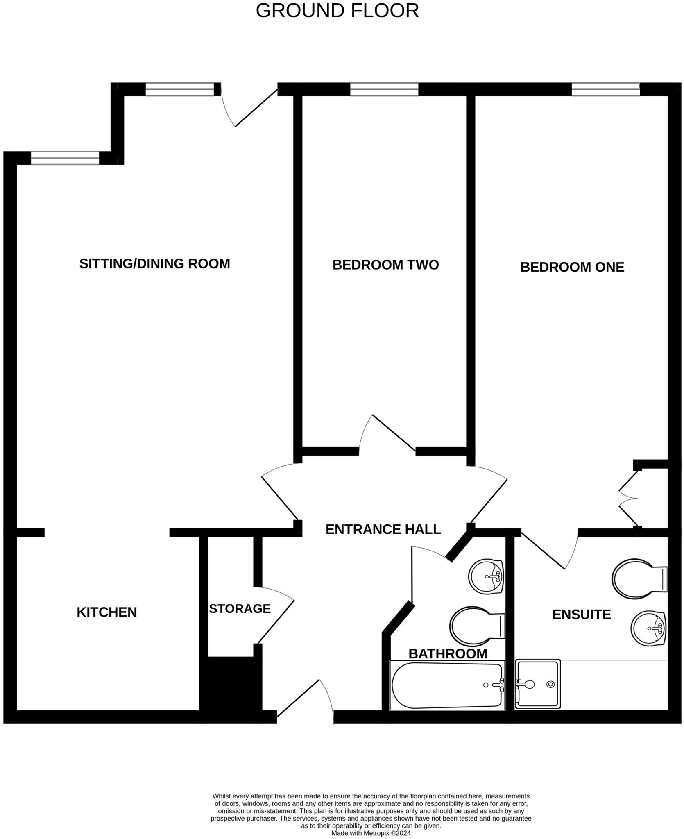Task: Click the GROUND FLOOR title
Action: (x=337, y=11)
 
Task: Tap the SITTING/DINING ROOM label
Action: (x=154, y=263)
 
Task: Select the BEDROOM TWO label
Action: (x=385, y=265)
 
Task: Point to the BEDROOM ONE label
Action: (x=572, y=267)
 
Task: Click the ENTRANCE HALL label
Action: (x=383, y=529)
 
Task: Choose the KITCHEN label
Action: (x=106, y=612)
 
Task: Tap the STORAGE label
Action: (x=240, y=609)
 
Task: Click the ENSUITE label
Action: (x=581, y=615)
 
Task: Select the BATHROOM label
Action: (x=448, y=653)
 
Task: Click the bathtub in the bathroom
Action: (x=447, y=685)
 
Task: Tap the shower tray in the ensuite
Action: (x=537, y=684)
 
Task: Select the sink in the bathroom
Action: (x=486, y=576)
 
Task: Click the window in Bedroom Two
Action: (x=384, y=89)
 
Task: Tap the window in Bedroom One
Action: (x=605, y=89)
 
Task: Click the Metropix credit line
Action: (x=371, y=833)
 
